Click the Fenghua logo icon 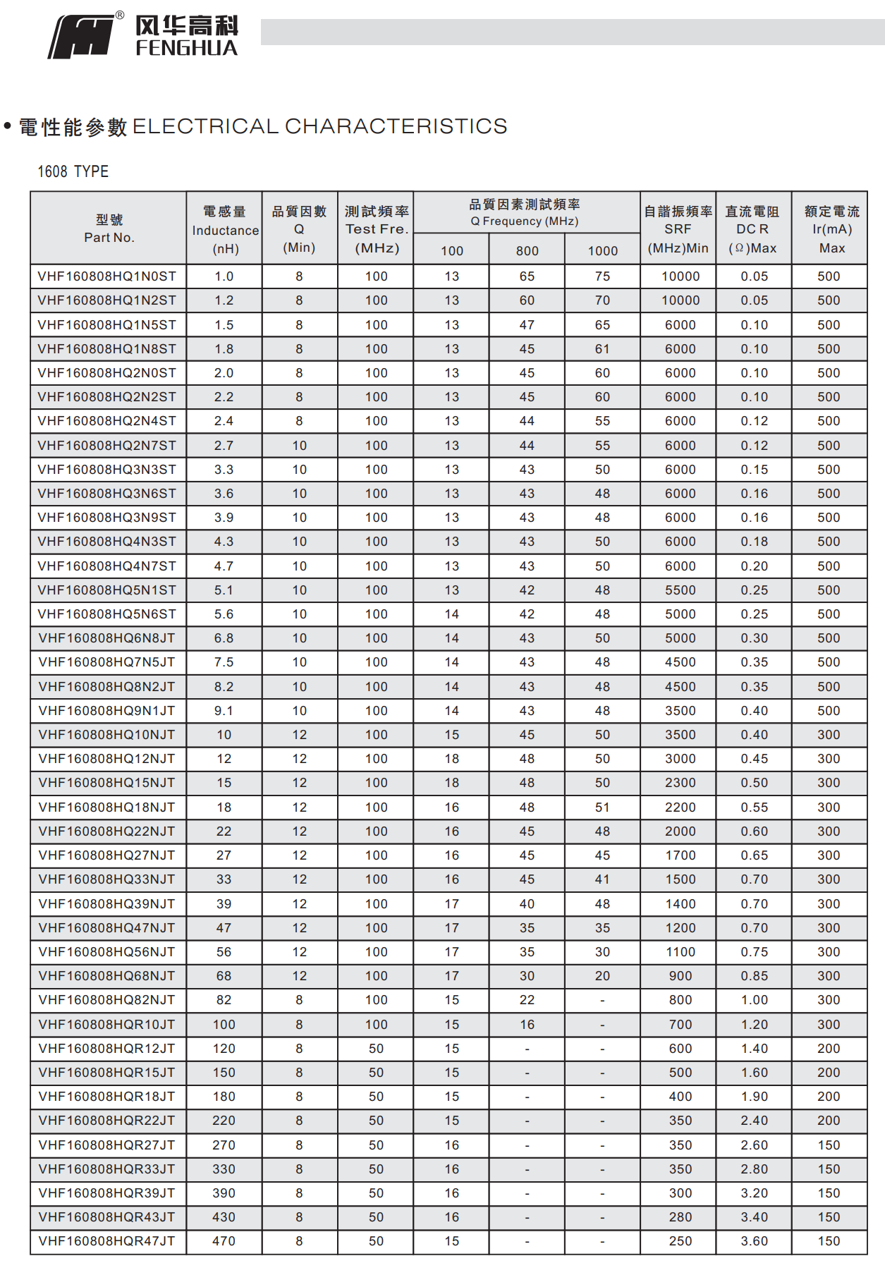point(81,37)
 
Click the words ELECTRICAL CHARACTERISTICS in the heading point(319,126)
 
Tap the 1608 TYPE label point(73,171)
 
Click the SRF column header point(678,229)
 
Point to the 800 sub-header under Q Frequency point(527,251)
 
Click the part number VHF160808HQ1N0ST point(107,276)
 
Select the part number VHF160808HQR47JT point(107,1241)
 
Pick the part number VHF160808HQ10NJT point(107,735)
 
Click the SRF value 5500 point(680,590)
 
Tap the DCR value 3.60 point(755,1241)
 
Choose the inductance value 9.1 point(224,711)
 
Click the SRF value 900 point(680,976)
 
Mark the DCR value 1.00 point(755,1000)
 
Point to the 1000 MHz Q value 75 point(602,276)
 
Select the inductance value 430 point(224,1217)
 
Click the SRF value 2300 point(680,783)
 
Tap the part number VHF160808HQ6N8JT point(107,638)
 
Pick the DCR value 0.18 point(755,542)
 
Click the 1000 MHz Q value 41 point(602,879)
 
